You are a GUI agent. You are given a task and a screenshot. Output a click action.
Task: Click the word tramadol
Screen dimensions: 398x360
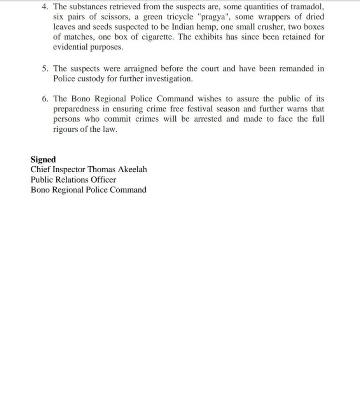tap(305, 7)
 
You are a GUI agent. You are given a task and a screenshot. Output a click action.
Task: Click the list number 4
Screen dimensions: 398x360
tap(45, 7)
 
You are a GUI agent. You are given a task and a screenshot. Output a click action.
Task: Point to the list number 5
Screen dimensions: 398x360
tap(45, 69)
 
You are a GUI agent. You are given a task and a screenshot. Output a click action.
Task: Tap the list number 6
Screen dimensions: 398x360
tap(45, 99)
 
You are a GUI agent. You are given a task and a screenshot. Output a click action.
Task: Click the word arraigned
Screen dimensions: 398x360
tap(143, 69)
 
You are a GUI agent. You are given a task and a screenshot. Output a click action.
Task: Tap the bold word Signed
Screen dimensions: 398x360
tap(43, 160)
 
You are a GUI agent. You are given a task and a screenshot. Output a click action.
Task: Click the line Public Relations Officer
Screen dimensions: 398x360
tap(73, 180)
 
